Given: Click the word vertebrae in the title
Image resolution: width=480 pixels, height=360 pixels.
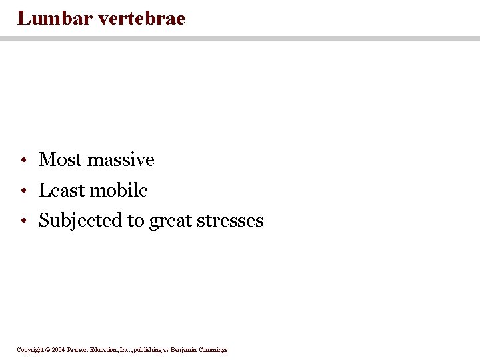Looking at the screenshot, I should click(x=141, y=18).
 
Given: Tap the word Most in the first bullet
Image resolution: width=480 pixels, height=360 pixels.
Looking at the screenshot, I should click(x=61, y=160).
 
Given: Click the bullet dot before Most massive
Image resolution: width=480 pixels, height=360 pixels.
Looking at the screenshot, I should click(x=23, y=161).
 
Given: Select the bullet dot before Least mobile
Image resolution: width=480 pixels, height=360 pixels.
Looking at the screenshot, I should click(x=23, y=191).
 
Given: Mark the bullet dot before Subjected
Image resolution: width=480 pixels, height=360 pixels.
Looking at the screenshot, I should click(x=23, y=221).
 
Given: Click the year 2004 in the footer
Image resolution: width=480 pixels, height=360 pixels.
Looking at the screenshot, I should click(x=59, y=349).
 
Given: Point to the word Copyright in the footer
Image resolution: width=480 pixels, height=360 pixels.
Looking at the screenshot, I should click(x=30, y=349).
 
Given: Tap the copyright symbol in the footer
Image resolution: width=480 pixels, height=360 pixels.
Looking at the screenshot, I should click(x=47, y=349).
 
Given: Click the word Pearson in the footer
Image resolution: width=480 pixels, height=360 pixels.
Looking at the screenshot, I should click(x=78, y=349).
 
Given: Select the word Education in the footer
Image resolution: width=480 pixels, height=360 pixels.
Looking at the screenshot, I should click(x=107, y=349).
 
